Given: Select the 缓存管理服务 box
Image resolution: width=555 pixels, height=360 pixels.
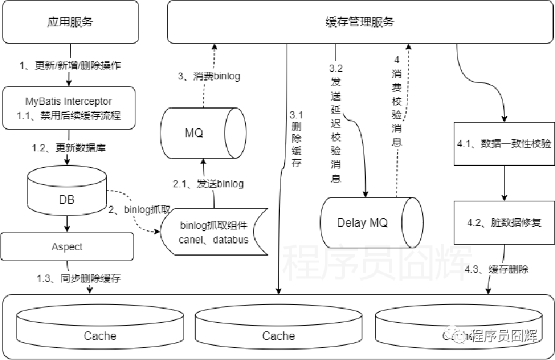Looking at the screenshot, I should [x=360, y=22].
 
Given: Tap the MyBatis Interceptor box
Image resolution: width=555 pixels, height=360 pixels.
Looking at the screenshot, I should [x=68, y=107].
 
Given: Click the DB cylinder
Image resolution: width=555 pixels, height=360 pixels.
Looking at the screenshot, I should [x=67, y=198].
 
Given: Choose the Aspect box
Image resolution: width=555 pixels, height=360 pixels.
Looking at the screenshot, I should [x=67, y=247].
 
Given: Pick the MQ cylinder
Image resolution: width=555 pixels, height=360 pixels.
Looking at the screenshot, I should [x=204, y=133].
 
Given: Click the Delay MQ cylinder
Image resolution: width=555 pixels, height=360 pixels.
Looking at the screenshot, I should [x=372, y=222].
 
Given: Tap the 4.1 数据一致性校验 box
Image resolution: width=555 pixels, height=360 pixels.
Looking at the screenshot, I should [x=504, y=144].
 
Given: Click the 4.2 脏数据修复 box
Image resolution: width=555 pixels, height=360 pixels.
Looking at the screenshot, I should [x=504, y=222].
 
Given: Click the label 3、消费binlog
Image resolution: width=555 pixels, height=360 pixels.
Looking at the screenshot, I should [x=209, y=76].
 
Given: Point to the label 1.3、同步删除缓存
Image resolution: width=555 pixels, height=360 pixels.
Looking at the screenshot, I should [x=79, y=278].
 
